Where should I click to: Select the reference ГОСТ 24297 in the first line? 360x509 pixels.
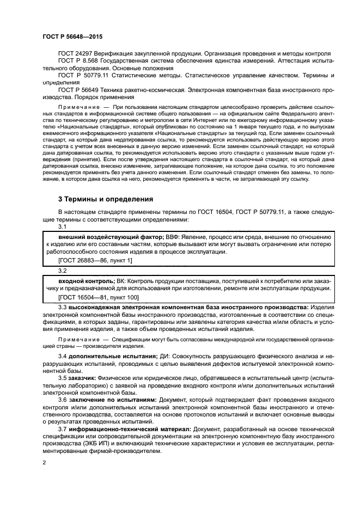click(75, 54)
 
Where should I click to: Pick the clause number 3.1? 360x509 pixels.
click(62, 227)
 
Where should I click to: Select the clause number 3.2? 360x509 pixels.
click(62, 270)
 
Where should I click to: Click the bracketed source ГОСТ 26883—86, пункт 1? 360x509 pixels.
click(95, 261)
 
